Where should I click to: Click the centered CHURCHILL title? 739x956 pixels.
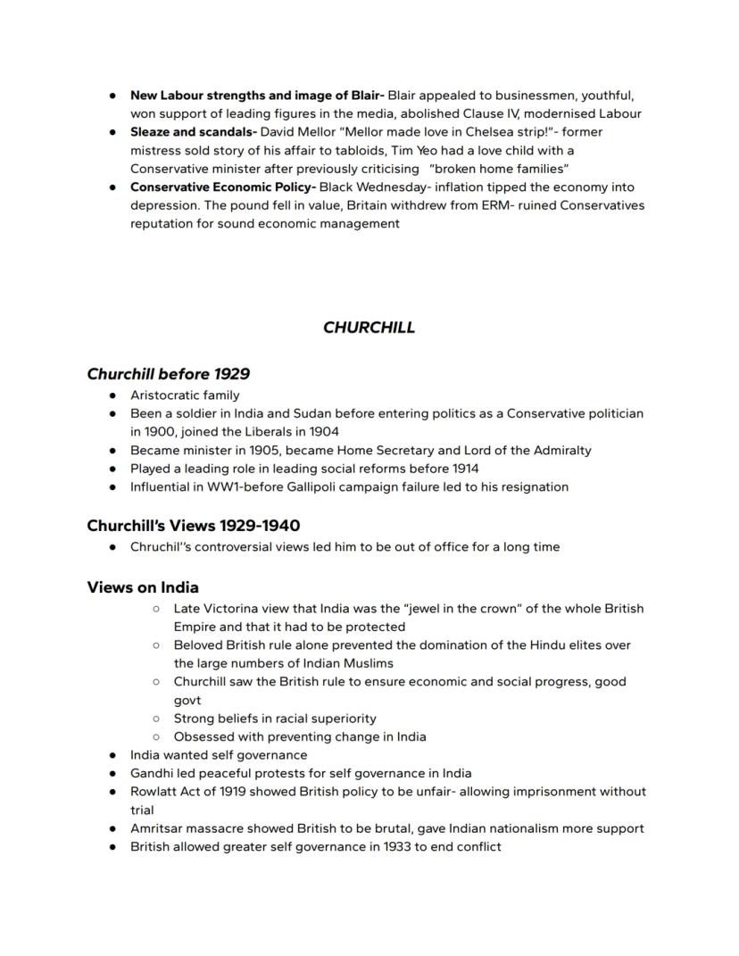click(x=369, y=328)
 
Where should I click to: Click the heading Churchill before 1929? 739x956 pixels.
click(x=168, y=374)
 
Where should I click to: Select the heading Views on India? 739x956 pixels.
click(x=143, y=587)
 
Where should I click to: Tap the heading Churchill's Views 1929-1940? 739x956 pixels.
click(x=193, y=525)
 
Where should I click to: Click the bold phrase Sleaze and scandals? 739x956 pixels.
click(x=193, y=132)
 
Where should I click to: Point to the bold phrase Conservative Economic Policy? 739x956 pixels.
click(x=222, y=187)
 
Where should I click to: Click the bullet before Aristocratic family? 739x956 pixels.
click(x=112, y=395)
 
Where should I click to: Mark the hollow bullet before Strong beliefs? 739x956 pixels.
click(x=156, y=719)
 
